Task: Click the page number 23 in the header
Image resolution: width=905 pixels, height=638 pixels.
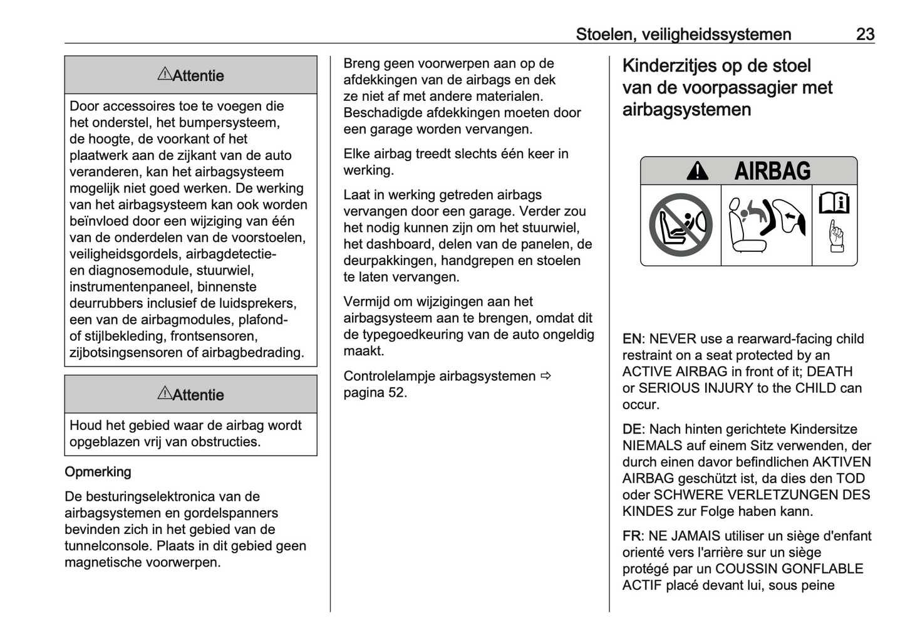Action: point(865,34)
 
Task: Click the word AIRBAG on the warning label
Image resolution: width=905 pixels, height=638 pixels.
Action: point(772,171)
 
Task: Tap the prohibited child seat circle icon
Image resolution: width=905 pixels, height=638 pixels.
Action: point(680,225)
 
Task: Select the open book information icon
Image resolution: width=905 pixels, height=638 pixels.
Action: point(834,202)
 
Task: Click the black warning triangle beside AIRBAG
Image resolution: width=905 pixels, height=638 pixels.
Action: point(697,171)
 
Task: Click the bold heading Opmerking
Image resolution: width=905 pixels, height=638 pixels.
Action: point(98,472)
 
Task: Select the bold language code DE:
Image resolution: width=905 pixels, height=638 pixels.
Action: point(633,429)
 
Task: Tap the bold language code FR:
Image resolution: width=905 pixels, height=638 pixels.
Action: point(633,536)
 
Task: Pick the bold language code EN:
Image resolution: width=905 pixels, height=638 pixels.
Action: point(633,339)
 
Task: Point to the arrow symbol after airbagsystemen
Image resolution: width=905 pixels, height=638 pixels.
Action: point(546,376)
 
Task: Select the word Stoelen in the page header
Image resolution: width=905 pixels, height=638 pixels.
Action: point(604,34)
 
